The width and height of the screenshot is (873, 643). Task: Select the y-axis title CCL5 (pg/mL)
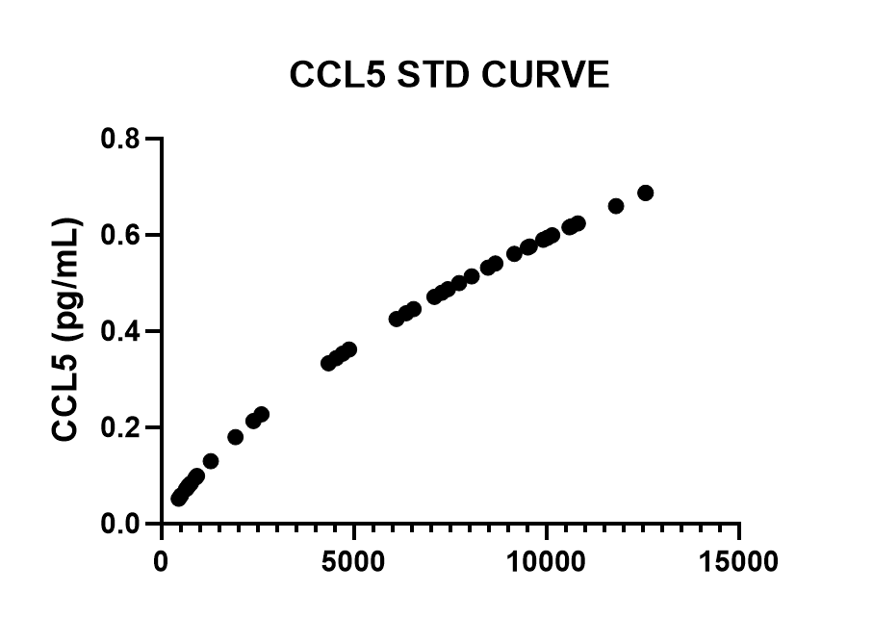pyautogui.click(x=65, y=331)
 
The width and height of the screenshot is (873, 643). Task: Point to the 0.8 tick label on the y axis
pyautogui.click(x=123, y=140)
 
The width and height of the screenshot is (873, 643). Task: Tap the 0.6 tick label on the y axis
pyautogui.click(x=123, y=236)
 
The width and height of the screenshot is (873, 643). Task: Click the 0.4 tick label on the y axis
pyautogui.click(x=123, y=332)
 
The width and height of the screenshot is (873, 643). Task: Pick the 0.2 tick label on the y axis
pyautogui.click(x=123, y=428)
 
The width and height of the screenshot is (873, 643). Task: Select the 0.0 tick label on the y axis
pyautogui.click(x=123, y=524)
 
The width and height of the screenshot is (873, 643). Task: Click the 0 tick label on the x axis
pyautogui.click(x=162, y=561)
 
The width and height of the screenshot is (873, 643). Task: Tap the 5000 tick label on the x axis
pyautogui.click(x=354, y=561)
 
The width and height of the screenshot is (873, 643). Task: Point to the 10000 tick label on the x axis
pyautogui.click(x=547, y=561)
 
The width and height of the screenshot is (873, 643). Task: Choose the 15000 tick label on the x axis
pyautogui.click(x=739, y=561)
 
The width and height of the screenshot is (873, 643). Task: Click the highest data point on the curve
pyautogui.click(x=645, y=193)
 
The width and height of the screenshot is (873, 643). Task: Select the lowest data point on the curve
pyautogui.click(x=179, y=498)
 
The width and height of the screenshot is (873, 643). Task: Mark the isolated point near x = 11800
pyautogui.click(x=616, y=206)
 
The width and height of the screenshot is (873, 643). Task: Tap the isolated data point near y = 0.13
pyautogui.click(x=211, y=461)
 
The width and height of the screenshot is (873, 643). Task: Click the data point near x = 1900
pyautogui.click(x=235, y=437)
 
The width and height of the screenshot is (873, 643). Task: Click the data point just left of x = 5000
pyautogui.click(x=348, y=349)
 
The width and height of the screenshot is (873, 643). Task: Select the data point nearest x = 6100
pyautogui.click(x=396, y=319)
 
